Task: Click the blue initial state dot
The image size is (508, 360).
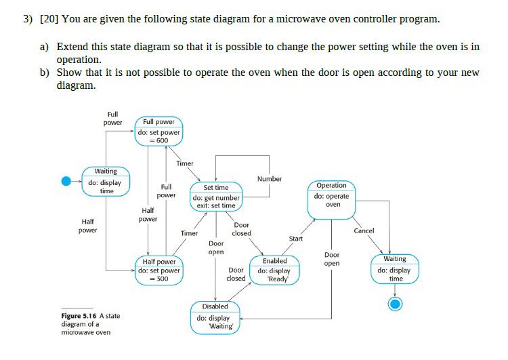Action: (x=66, y=181)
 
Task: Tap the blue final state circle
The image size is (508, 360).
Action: (x=395, y=303)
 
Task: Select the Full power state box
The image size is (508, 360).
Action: (x=158, y=131)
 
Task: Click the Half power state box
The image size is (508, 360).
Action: (x=158, y=270)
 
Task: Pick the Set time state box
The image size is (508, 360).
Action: (x=215, y=196)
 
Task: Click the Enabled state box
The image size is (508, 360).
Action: (x=274, y=269)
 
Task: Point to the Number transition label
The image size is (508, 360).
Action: (x=269, y=179)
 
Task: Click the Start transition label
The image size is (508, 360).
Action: (x=296, y=239)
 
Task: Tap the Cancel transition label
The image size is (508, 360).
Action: (x=364, y=231)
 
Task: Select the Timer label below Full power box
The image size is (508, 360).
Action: (x=184, y=163)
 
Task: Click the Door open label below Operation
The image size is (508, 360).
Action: (x=331, y=259)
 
